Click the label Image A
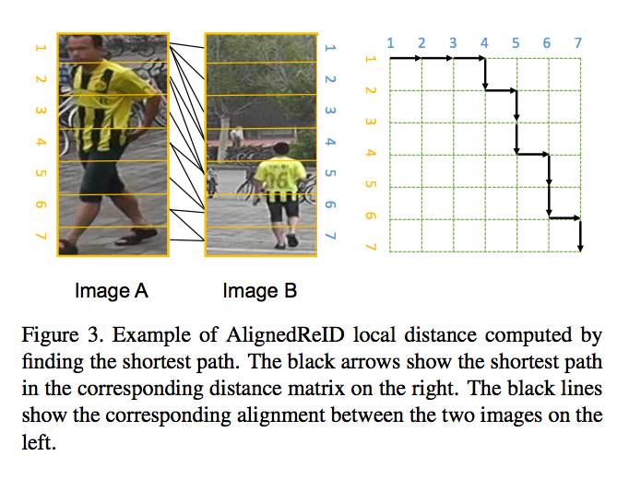coord(112,293)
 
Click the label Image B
coord(260,293)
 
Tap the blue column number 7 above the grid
coord(578,42)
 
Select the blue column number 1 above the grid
coord(390,42)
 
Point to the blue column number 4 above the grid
coord(484,42)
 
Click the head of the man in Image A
coord(86,47)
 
